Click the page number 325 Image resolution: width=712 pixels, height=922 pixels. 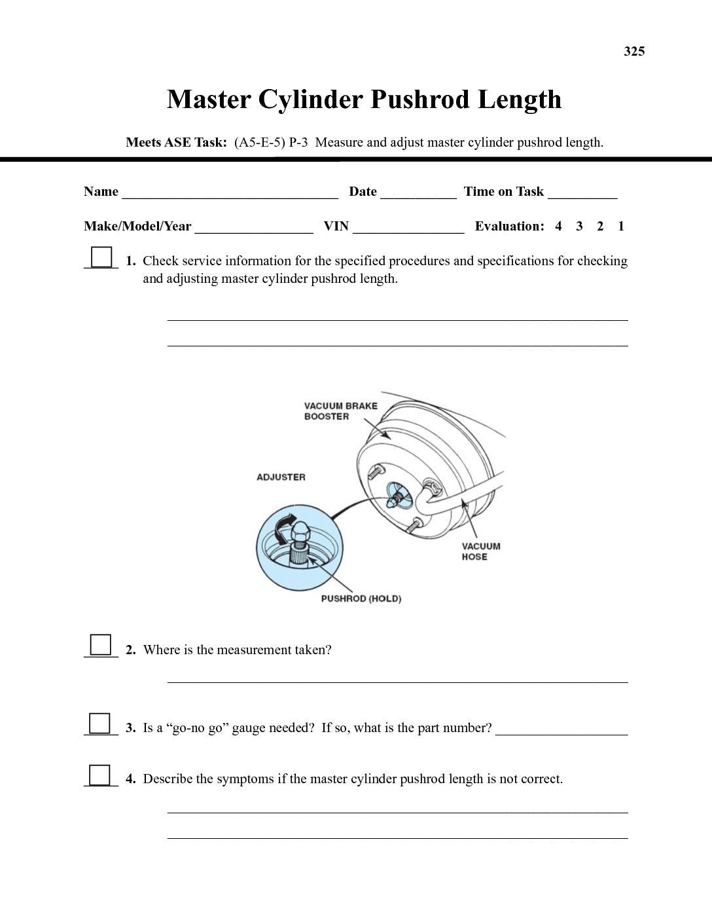[634, 52]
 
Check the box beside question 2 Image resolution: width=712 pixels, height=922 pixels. [101, 645]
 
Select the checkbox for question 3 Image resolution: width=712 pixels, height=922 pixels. [100, 723]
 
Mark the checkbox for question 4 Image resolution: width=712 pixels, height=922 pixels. [100, 775]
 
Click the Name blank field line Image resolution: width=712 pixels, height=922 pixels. [230, 193]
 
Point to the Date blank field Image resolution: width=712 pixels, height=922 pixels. [418, 193]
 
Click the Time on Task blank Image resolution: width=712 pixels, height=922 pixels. [582, 193]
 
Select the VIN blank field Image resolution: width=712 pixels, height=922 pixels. [408, 227]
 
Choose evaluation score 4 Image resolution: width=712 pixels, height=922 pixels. [558, 227]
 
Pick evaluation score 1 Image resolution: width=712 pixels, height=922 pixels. [621, 227]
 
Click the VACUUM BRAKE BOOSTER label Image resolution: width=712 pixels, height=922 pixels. [340, 411]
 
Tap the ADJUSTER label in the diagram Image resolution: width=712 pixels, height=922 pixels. [281, 477]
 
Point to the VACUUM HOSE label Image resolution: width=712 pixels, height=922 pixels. [480, 551]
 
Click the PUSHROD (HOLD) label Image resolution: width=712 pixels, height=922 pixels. [361, 599]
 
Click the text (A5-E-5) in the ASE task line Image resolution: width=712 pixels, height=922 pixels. [259, 143]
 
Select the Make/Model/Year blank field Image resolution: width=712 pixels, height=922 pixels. [254, 227]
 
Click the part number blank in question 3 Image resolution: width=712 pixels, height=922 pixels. [561, 729]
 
